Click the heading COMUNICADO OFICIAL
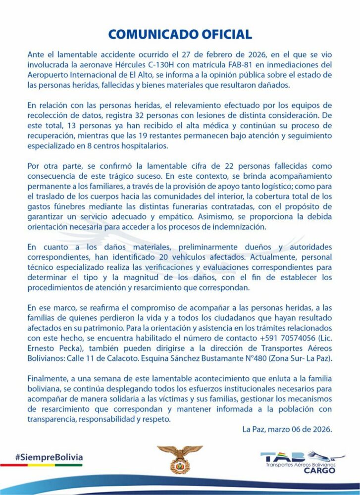pos(180,34)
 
